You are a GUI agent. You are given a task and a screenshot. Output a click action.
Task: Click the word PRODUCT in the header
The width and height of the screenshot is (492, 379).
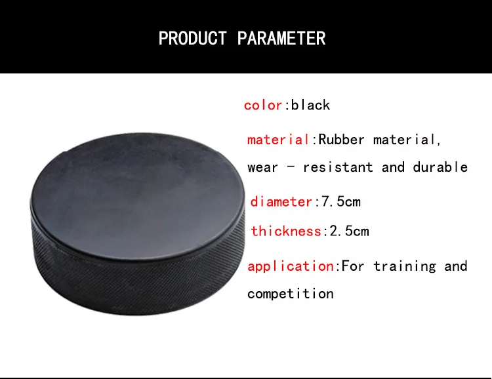point(192,38)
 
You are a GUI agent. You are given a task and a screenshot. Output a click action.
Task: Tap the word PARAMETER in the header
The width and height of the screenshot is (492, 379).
point(281,38)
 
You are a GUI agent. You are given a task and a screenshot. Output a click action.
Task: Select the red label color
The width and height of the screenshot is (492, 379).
point(263,106)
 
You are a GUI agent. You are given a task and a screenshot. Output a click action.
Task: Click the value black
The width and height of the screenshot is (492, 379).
point(310,105)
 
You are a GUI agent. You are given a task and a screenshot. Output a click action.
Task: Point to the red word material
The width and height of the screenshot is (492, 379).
point(279,140)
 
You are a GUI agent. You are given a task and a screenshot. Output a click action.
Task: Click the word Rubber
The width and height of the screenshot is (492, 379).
point(341,140)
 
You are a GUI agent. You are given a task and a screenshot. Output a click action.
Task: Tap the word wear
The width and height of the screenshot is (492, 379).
point(262,168)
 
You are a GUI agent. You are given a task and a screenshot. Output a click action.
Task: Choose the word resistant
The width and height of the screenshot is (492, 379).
point(338,167)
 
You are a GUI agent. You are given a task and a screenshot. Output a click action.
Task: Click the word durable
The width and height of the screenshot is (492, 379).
point(440,167)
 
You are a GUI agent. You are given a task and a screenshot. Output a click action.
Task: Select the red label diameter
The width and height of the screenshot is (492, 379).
point(281,201)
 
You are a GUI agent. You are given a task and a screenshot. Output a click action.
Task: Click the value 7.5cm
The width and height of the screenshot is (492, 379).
point(341,201)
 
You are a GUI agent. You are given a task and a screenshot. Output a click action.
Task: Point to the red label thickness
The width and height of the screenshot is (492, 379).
point(286,231)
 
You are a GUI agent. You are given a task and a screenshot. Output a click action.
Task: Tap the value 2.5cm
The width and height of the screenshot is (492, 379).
point(349,231)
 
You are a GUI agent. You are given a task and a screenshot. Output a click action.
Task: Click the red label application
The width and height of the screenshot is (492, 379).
point(291,266)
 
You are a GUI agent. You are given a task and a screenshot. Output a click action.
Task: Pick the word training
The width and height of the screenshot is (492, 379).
point(405,266)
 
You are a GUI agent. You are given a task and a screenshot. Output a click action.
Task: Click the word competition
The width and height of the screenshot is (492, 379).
point(291,294)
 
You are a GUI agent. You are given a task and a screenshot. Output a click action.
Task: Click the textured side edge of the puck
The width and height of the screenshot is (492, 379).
point(138,283)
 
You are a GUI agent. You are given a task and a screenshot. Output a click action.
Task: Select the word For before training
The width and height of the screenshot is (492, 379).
point(353,266)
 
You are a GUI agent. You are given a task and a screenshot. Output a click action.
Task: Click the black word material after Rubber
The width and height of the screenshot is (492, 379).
point(405,140)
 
